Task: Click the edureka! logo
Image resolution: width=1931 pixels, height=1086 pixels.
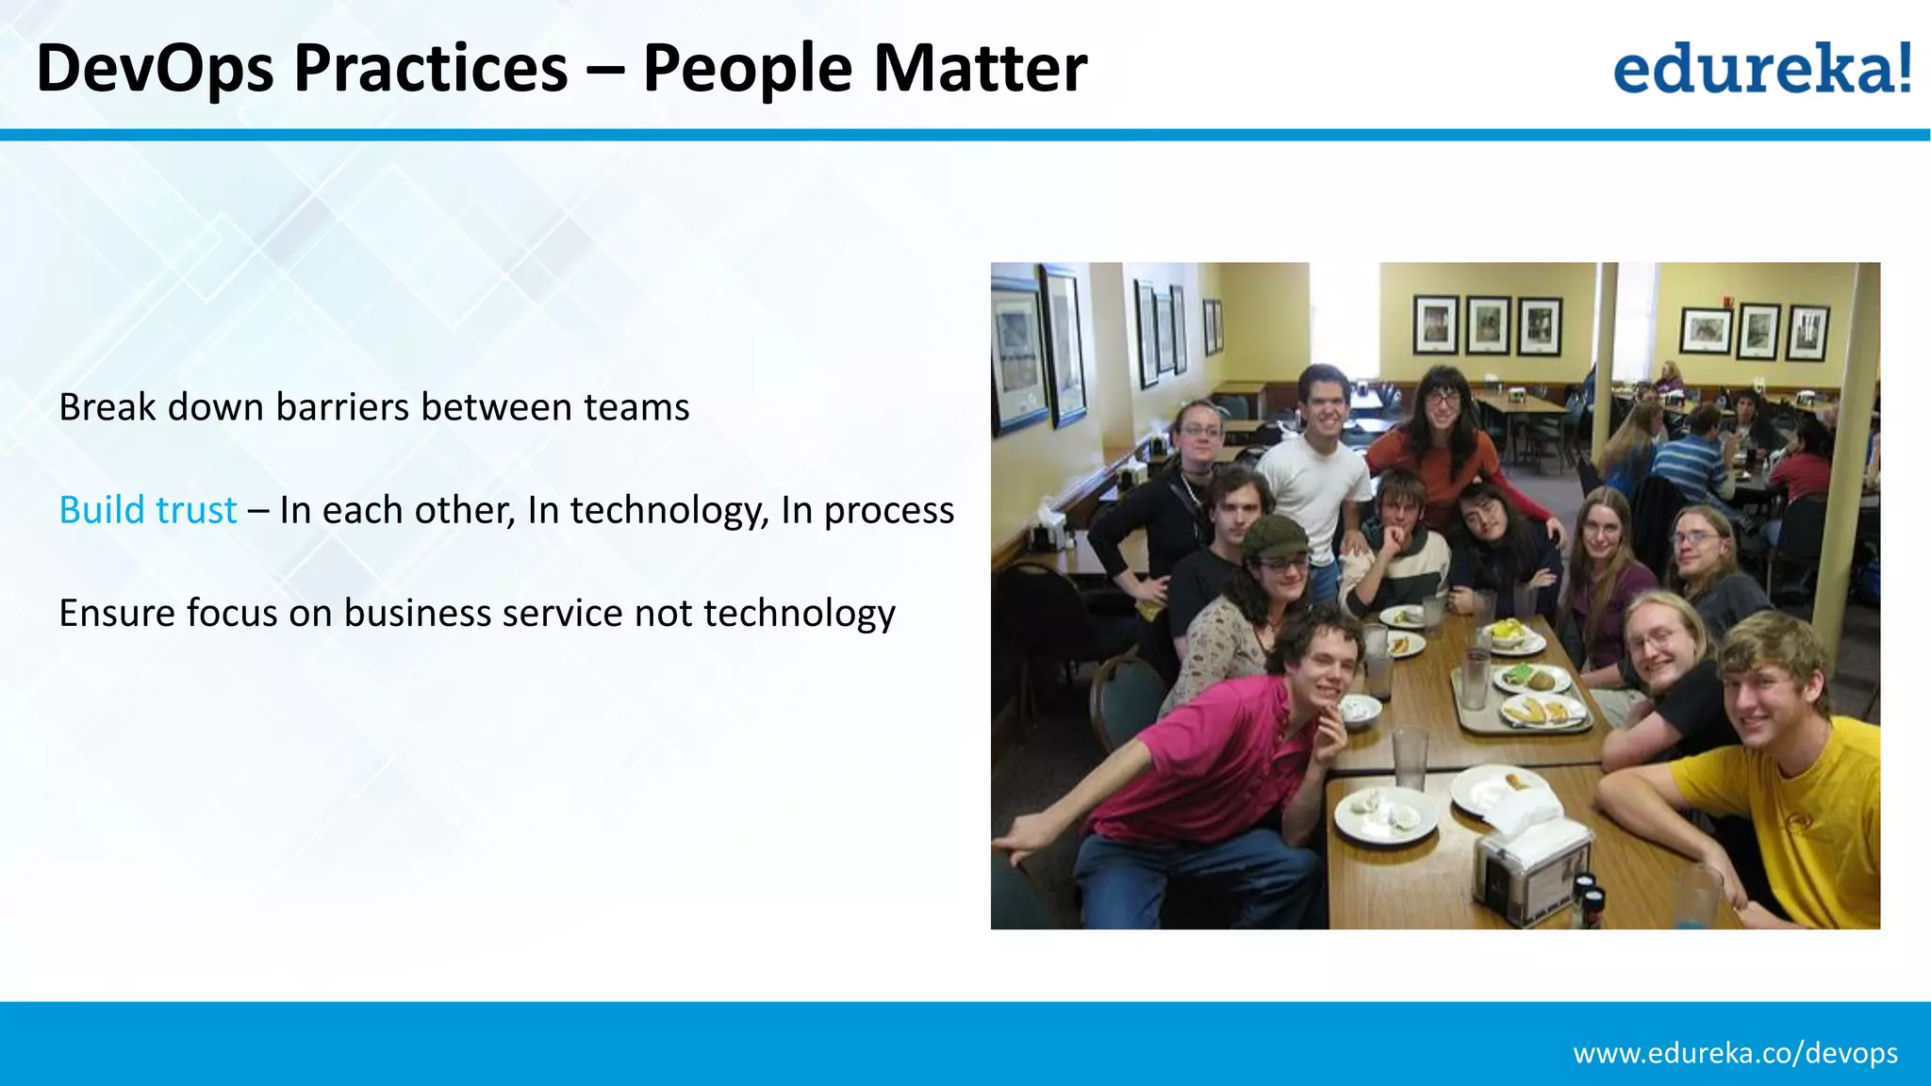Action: (1761, 68)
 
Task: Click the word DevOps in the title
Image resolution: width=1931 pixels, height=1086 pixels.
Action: (155, 69)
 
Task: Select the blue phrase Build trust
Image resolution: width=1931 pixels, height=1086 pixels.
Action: (148, 510)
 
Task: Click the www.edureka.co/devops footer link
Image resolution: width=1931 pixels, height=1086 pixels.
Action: (1735, 1052)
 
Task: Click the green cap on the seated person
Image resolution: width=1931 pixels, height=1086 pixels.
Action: (1273, 537)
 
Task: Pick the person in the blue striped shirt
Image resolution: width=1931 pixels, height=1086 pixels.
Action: (1692, 462)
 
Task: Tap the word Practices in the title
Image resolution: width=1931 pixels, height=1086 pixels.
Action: (431, 69)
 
